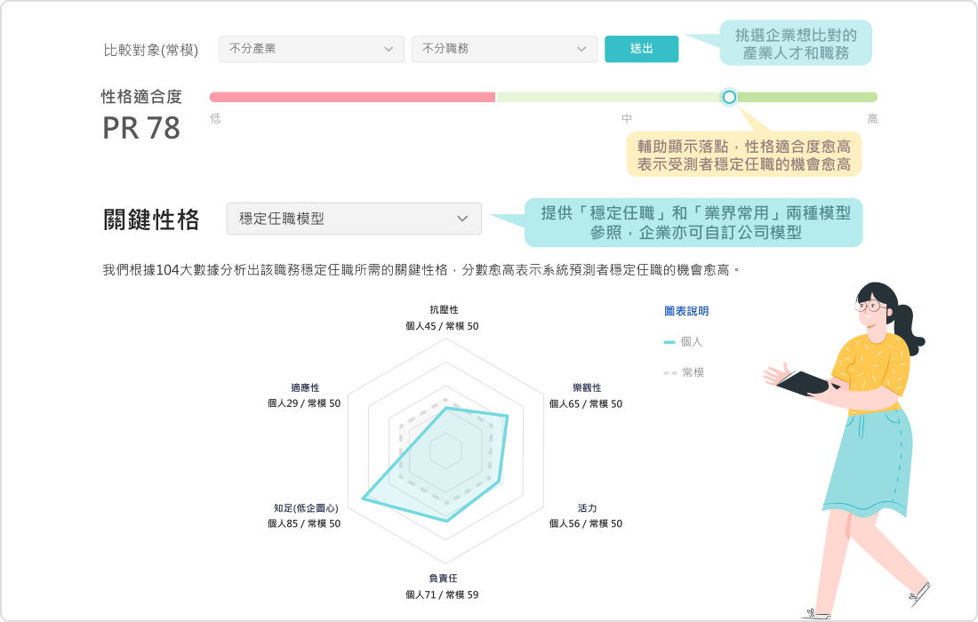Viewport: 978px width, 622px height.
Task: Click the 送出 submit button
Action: coord(641,49)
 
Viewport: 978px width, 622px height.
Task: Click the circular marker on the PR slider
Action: coord(729,96)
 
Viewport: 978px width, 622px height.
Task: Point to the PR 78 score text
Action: coord(141,129)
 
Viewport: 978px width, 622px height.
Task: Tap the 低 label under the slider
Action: coord(215,118)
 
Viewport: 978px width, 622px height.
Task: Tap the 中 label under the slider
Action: coord(627,118)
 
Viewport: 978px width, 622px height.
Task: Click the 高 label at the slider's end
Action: coord(872,118)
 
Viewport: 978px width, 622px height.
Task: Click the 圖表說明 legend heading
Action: coord(686,311)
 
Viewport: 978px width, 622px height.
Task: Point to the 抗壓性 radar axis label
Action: coord(443,309)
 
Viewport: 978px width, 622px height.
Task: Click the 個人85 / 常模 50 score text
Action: coord(303,523)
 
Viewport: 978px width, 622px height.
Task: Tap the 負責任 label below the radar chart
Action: coord(443,578)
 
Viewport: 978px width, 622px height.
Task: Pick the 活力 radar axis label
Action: coord(587,508)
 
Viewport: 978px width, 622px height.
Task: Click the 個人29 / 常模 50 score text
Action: coord(303,403)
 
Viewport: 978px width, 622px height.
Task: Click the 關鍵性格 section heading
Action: coord(151,219)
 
